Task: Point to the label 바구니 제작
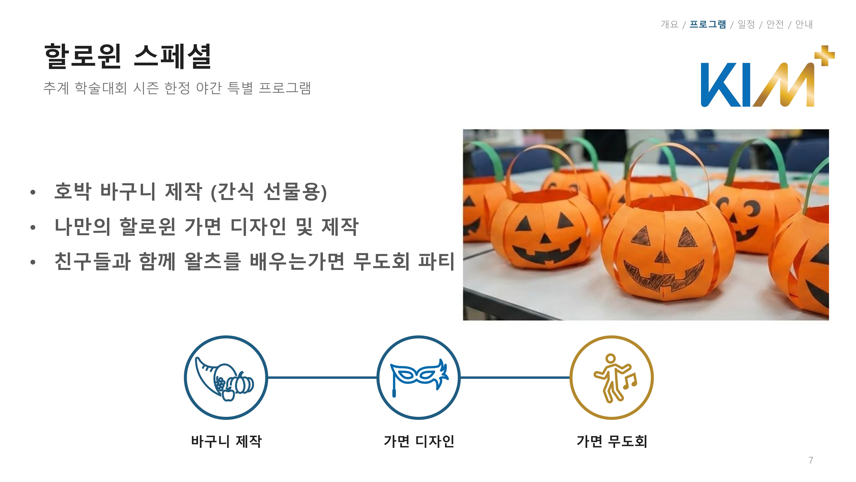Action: [x=226, y=441]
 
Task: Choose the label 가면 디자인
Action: [x=419, y=441]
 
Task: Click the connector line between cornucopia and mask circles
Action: [x=322, y=378]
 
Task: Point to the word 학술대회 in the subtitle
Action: [x=101, y=88]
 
